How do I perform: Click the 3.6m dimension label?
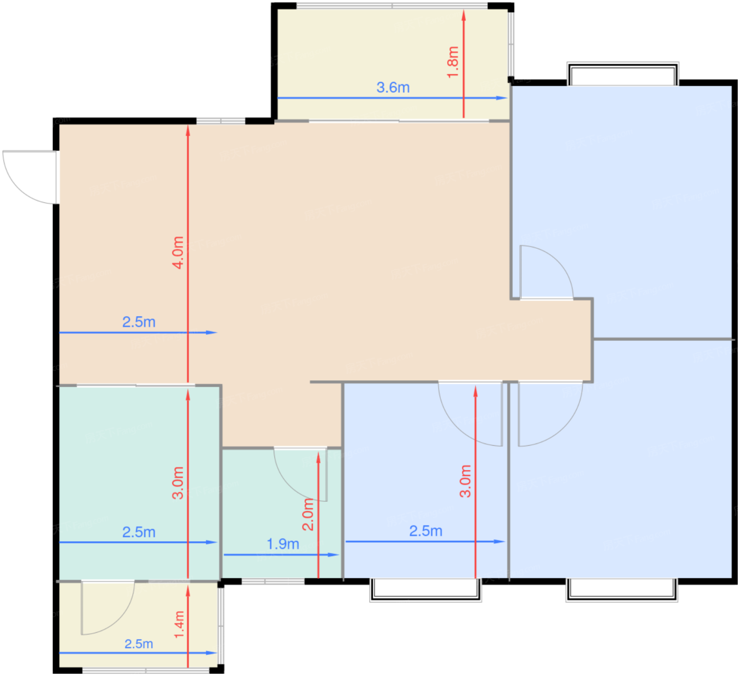tap(393, 88)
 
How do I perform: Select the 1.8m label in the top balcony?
tap(452, 62)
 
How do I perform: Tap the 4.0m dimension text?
tap(178, 253)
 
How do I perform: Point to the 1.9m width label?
tap(283, 544)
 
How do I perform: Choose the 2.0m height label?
tap(308, 514)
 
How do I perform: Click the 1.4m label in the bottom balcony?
tap(179, 624)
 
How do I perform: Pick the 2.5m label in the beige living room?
tap(138, 322)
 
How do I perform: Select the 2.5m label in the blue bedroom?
tap(425, 531)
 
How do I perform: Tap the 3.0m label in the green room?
tap(178, 483)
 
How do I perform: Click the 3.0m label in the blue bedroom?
tap(465, 481)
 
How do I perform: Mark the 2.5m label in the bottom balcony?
tap(138, 644)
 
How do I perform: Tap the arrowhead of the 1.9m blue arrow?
tap(334, 555)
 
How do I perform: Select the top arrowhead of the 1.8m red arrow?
tap(464, 15)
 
